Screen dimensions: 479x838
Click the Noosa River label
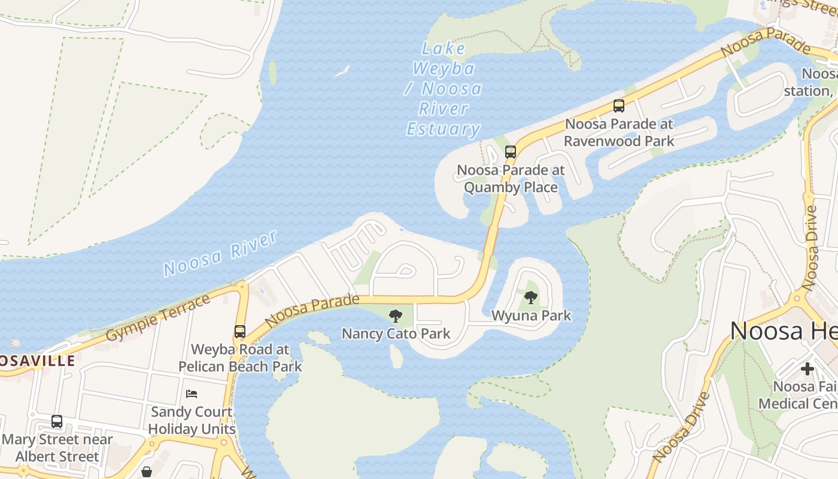click(220, 253)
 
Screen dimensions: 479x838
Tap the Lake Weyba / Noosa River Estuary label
click(444, 89)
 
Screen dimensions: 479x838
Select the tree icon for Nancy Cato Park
click(395, 316)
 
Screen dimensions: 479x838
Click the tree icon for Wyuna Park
click(530, 298)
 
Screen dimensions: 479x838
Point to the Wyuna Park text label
click(531, 315)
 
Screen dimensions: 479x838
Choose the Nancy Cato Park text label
click(396, 334)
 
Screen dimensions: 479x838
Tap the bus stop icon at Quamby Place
click(510, 152)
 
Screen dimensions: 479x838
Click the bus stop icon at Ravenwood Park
click(619, 106)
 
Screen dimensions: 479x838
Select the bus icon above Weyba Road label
click(240, 331)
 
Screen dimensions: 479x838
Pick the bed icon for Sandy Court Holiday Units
click(192, 394)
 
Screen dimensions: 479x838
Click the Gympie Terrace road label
click(158, 317)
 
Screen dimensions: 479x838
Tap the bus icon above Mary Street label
click(57, 422)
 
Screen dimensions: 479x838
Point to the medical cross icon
click(807, 369)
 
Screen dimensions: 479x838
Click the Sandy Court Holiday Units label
click(192, 420)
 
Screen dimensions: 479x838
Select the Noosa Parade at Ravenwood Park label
click(619, 132)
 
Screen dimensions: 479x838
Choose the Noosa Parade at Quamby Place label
click(511, 178)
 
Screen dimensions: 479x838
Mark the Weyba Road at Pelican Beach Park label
click(240, 357)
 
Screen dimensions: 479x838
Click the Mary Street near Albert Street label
click(57, 448)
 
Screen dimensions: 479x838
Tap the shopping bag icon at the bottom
click(147, 472)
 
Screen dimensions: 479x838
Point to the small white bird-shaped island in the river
click(342, 71)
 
